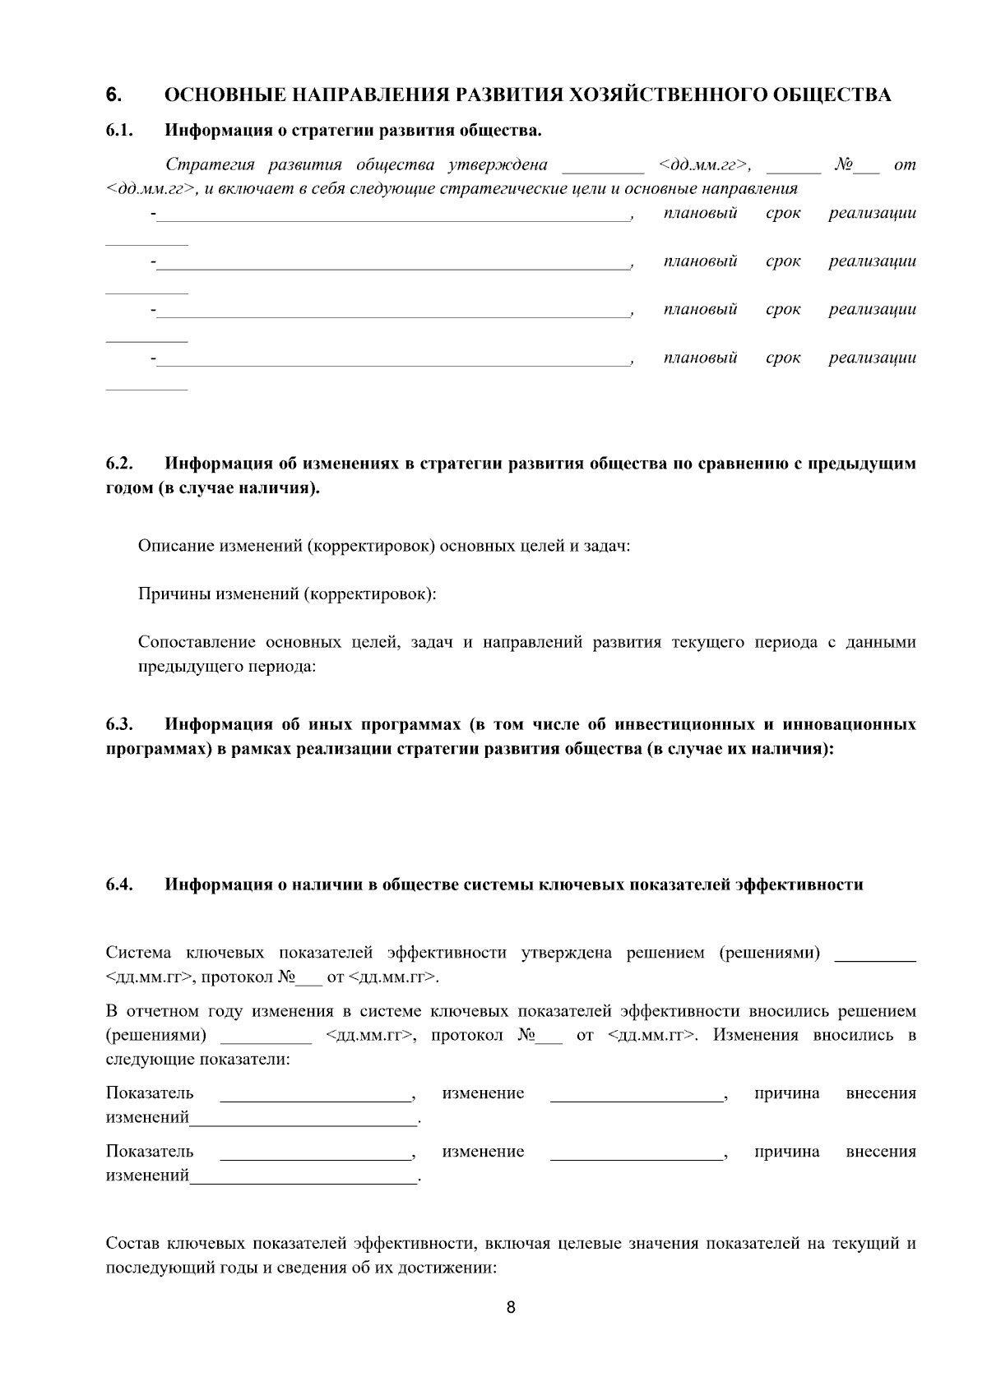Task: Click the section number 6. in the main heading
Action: point(114,95)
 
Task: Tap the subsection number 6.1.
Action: point(119,130)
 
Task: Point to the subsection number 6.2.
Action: point(119,464)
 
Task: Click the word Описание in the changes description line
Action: point(175,546)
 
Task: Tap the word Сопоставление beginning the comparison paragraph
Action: point(195,642)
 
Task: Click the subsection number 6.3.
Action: point(119,724)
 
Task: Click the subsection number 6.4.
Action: point(119,885)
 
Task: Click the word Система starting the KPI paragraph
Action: point(138,953)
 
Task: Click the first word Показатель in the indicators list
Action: point(150,1092)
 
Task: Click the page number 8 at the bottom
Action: point(511,1308)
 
